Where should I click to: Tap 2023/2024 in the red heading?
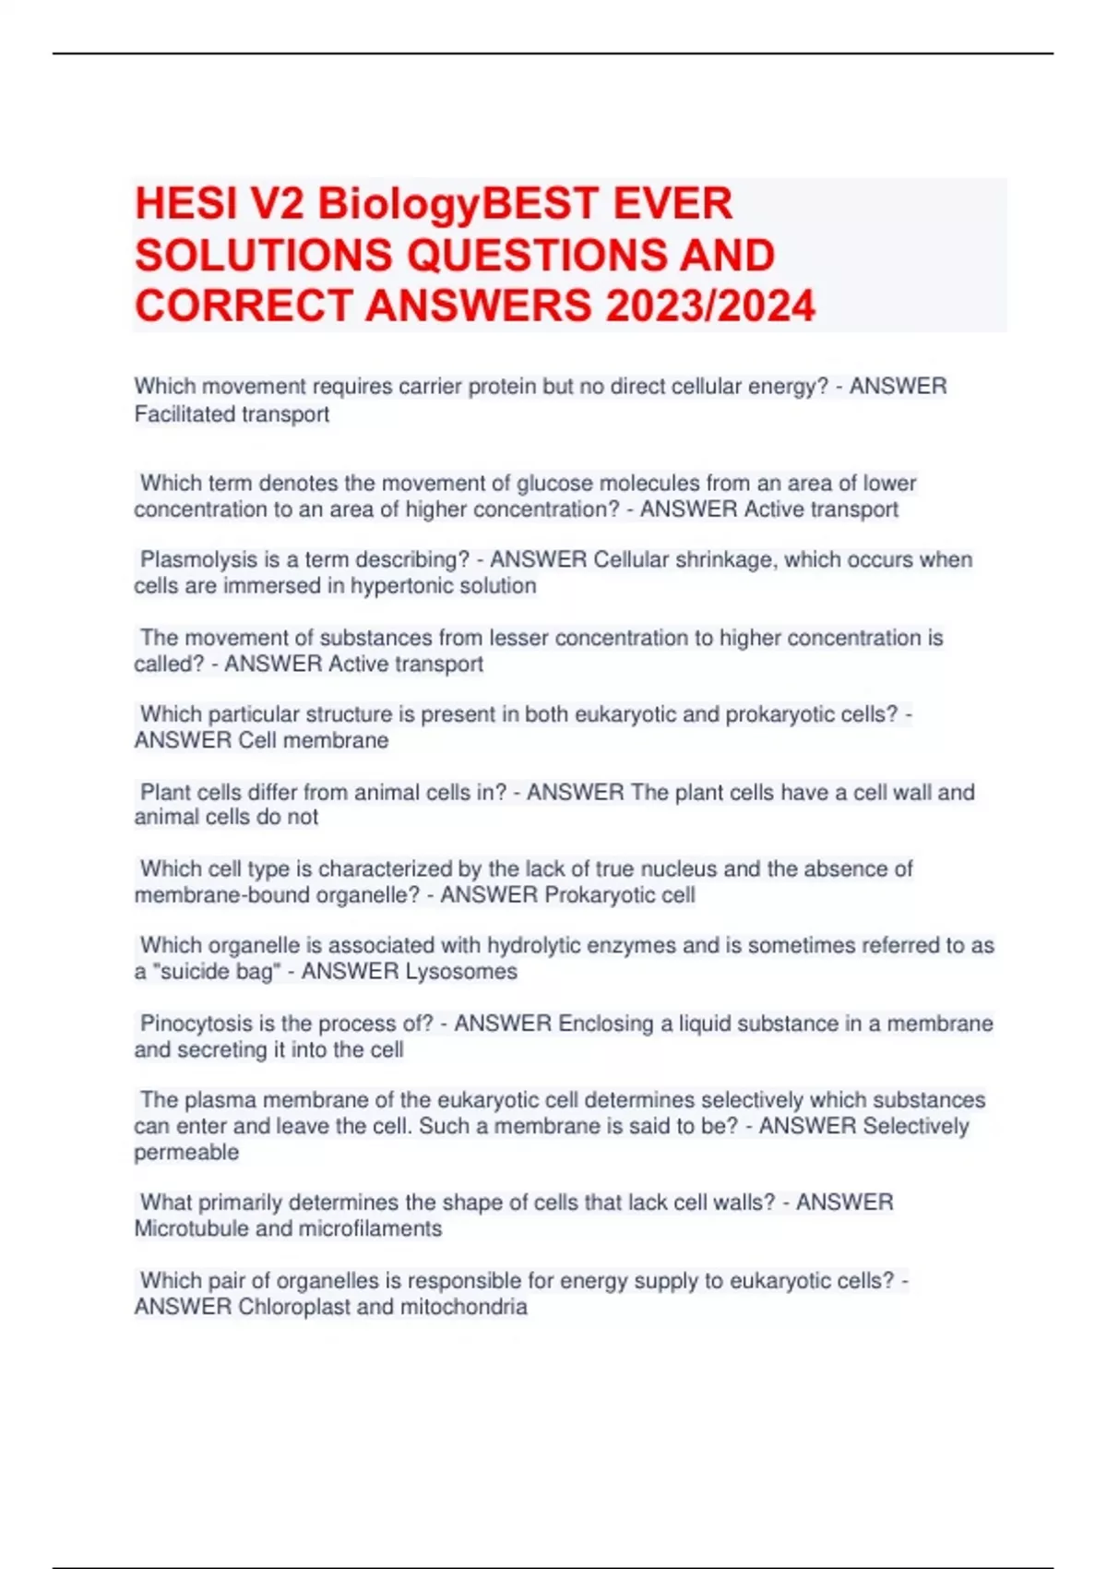[710, 306]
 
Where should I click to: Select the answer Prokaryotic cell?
[620, 894]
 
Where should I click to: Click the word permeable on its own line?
[186, 1152]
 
